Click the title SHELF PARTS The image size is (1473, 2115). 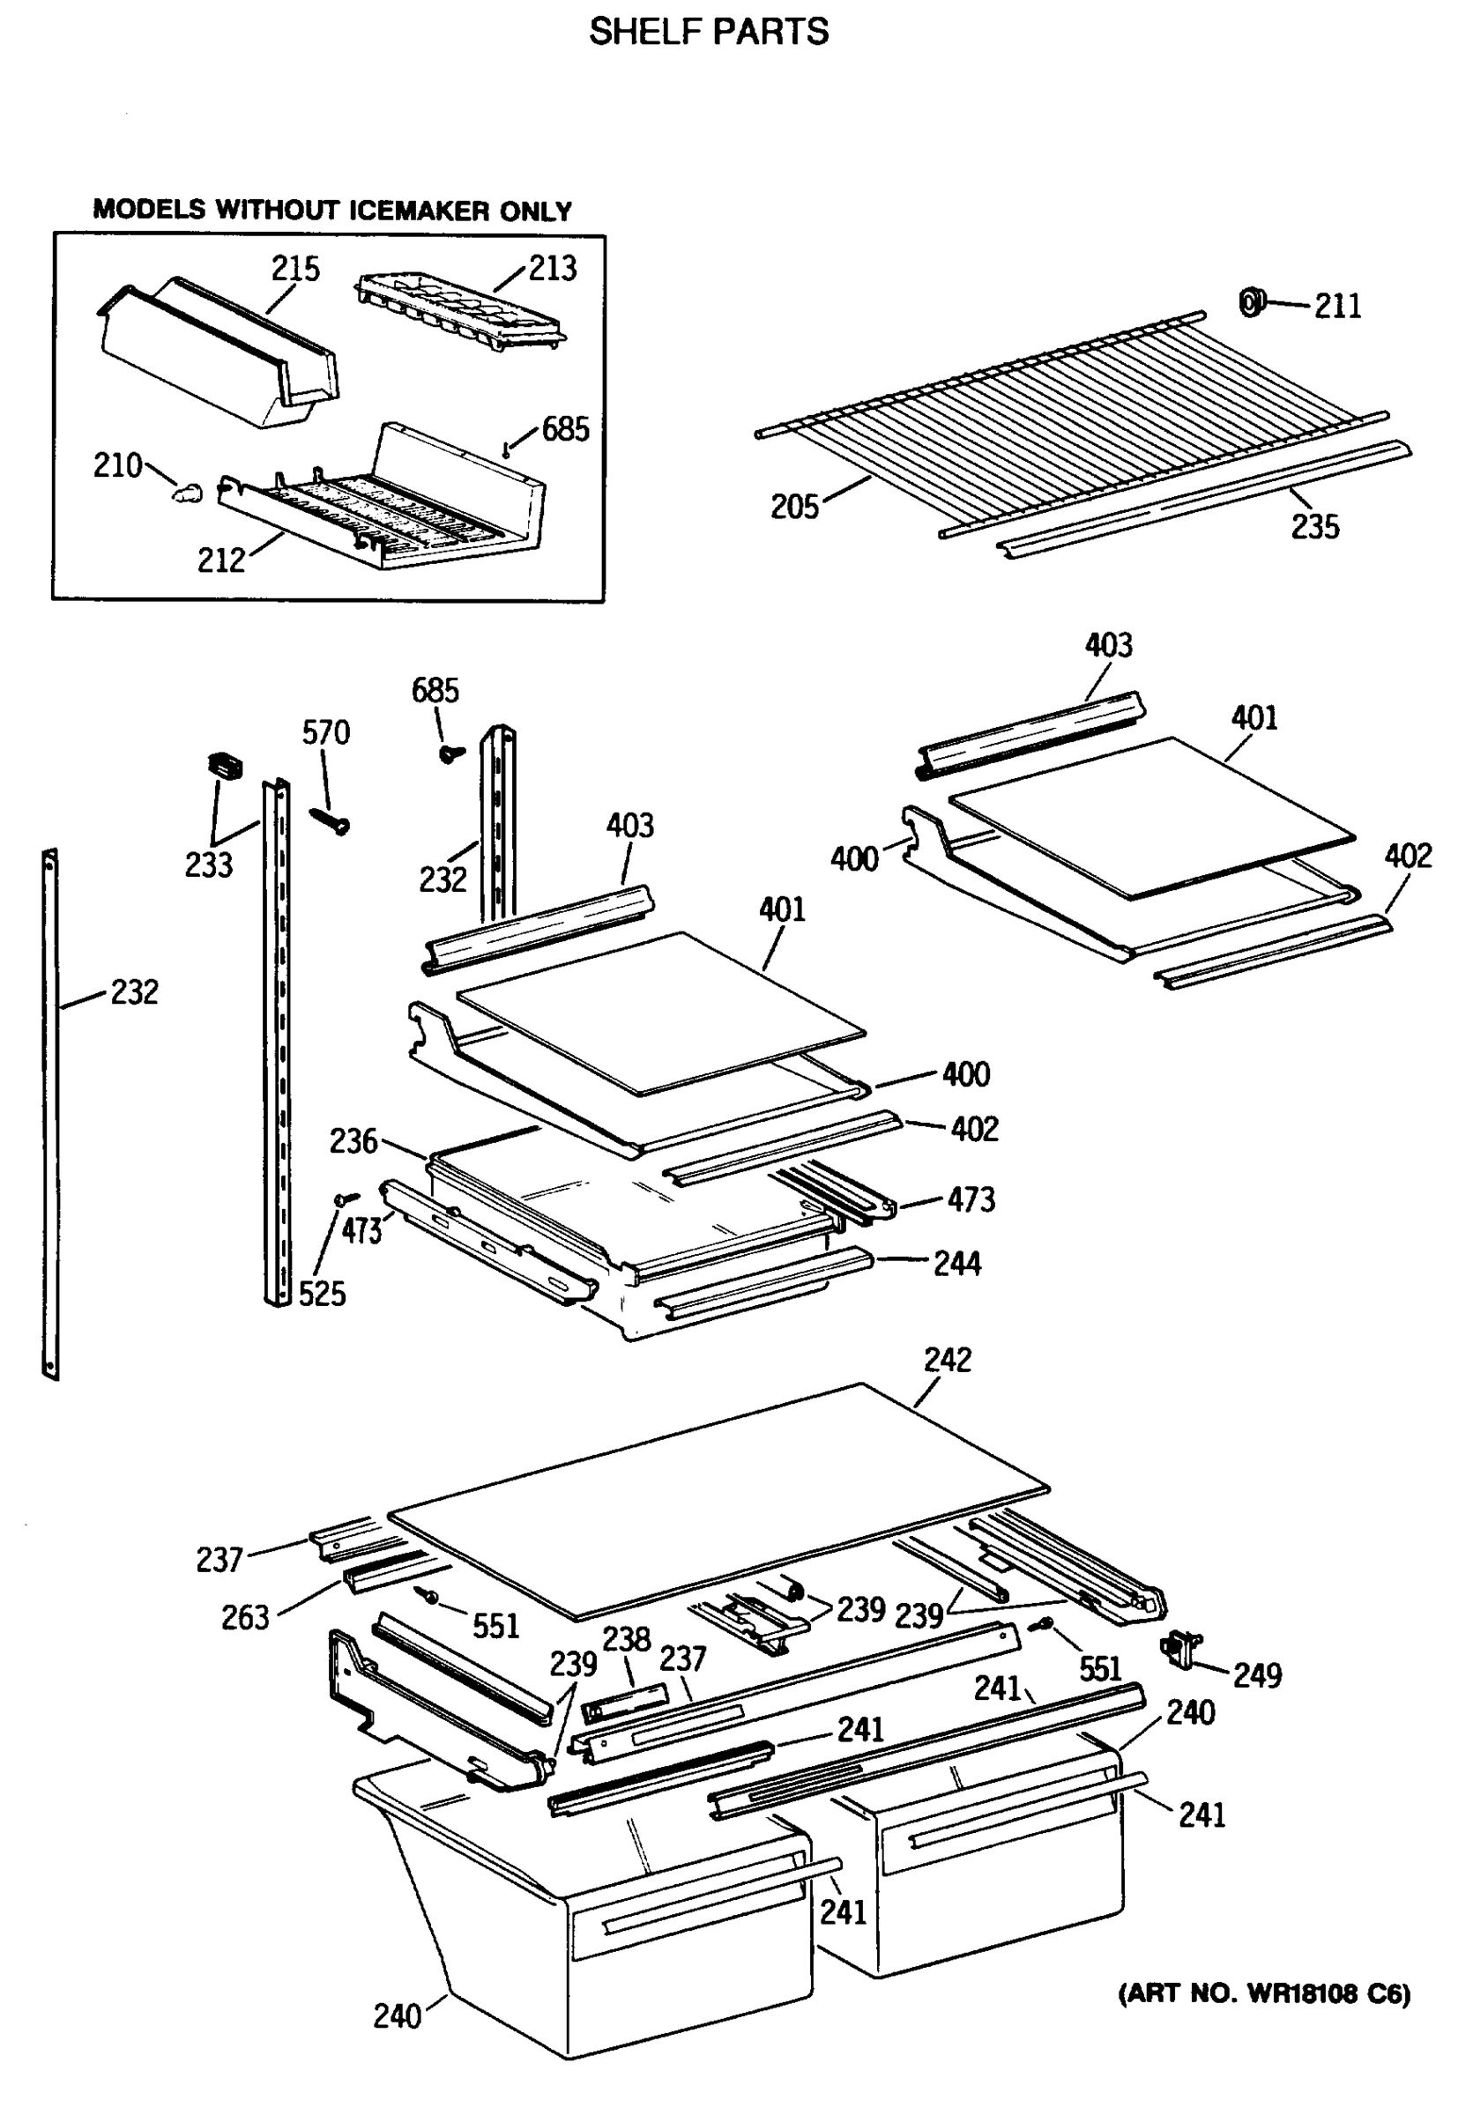click(709, 33)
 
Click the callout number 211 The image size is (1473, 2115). click(1336, 305)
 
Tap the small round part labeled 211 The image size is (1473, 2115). click(1250, 301)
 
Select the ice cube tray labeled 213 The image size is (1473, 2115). click(458, 313)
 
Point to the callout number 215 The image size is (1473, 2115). click(294, 268)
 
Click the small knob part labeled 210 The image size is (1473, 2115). click(187, 494)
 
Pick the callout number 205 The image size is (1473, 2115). click(794, 506)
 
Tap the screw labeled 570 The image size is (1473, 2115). click(329, 819)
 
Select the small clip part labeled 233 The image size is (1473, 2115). click(224, 765)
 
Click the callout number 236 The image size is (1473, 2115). click(353, 1140)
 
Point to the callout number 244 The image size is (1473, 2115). click(957, 1263)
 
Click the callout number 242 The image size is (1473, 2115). click(947, 1360)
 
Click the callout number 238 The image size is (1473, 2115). click(627, 1639)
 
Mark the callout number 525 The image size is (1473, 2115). click(322, 1294)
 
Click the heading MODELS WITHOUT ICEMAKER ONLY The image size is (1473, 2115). click(332, 210)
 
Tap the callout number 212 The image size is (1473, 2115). click(221, 559)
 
